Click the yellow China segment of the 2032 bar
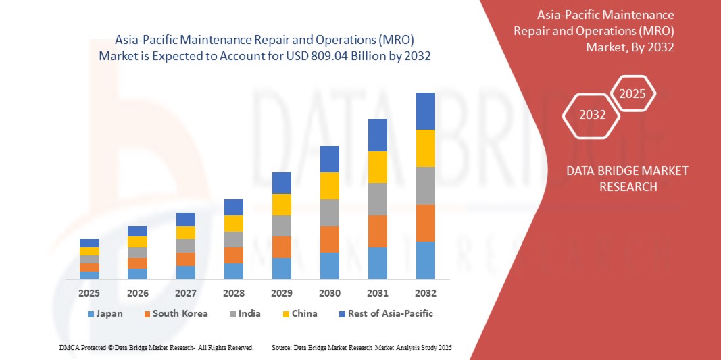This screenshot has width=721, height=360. pyautogui.click(x=425, y=148)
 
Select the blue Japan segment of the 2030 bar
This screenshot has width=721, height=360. pyautogui.click(x=329, y=265)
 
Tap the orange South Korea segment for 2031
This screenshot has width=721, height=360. pyautogui.click(x=377, y=231)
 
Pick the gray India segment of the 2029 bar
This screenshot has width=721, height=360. pyautogui.click(x=281, y=226)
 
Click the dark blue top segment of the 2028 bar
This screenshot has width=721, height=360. pyautogui.click(x=233, y=207)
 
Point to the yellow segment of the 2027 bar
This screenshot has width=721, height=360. pyautogui.click(x=185, y=232)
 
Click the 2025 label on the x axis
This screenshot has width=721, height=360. pyautogui.click(x=89, y=293)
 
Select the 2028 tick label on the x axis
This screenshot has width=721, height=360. pyautogui.click(x=233, y=293)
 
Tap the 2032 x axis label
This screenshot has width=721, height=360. pyautogui.click(x=425, y=293)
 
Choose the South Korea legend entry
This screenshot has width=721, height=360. pyautogui.click(x=175, y=314)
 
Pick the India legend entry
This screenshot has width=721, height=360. pyautogui.click(x=245, y=314)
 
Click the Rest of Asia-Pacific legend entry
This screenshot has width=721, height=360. pyautogui.click(x=386, y=314)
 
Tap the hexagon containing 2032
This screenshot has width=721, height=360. pyautogui.click(x=592, y=115)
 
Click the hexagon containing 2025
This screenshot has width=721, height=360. pyautogui.click(x=632, y=94)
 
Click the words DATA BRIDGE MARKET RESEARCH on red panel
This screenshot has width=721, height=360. pyautogui.click(x=628, y=178)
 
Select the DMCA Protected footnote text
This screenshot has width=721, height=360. pyautogui.click(x=156, y=347)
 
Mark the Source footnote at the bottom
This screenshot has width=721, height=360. pyautogui.click(x=361, y=347)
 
